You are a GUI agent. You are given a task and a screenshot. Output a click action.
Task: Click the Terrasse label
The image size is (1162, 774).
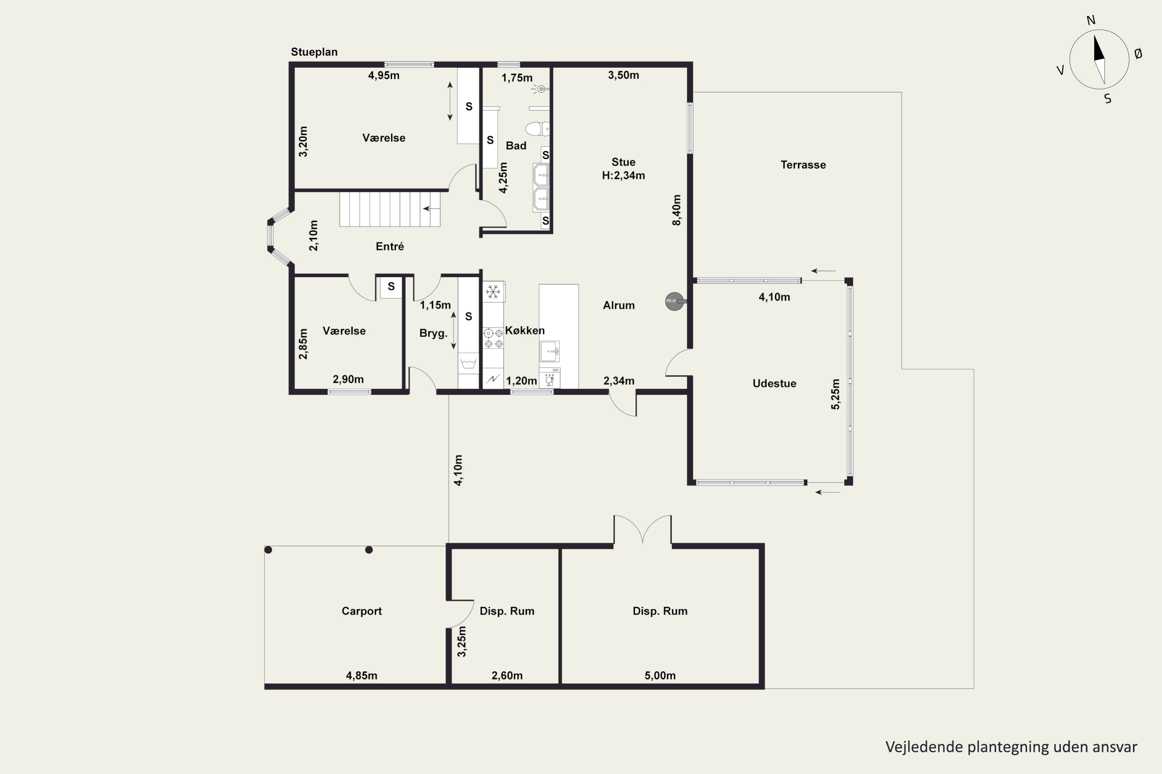pyautogui.click(x=803, y=165)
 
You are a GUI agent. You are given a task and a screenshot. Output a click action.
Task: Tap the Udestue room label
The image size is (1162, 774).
pyautogui.click(x=774, y=384)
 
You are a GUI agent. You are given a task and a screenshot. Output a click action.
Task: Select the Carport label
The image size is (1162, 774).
pyautogui.click(x=362, y=611)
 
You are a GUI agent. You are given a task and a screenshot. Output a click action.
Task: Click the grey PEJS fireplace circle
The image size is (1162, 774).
pyautogui.click(x=674, y=301)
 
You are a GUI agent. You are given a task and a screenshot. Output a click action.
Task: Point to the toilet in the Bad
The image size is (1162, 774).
pyautogui.click(x=537, y=129)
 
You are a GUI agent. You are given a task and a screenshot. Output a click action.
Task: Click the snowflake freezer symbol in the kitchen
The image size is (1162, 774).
pyautogui.click(x=493, y=292)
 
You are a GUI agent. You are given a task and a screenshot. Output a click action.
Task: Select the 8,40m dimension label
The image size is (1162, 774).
pyautogui.click(x=676, y=210)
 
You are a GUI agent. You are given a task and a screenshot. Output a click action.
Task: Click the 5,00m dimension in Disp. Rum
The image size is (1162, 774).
pyautogui.click(x=660, y=675)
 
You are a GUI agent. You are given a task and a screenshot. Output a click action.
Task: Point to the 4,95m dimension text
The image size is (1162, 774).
pyautogui.click(x=384, y=75)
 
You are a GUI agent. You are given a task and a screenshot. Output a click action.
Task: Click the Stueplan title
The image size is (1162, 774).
pyautogui.click(x=314, y=52)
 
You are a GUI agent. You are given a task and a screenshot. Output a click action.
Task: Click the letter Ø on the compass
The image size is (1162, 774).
pyautogui.click(x=1138, y=54)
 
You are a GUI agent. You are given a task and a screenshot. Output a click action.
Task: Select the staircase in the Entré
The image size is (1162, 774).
pyautogui.click(x=390, y=209)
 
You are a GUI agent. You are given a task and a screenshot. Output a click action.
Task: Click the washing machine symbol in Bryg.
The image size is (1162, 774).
pyautogui.click(x=468, y=364)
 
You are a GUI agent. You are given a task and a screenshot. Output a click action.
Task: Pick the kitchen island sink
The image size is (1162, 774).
pyautogui.click(x=549, y=351)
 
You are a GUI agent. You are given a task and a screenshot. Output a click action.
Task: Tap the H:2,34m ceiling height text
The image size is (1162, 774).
pyautogui.click(x=624, y=176)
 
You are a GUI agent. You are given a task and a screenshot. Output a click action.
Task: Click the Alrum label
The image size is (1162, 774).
pyautogui.click(x=619, y=306)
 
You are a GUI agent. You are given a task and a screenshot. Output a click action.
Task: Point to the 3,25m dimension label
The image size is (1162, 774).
pyautogui.click(x=461, y=641)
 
